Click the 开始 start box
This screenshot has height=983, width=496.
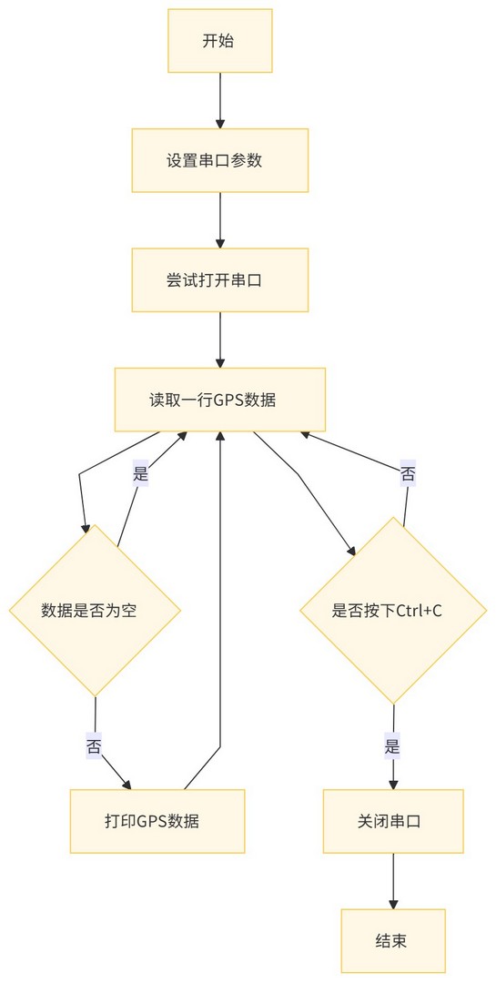click(x=220, y=41)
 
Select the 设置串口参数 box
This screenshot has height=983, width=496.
click(x=220, y=160)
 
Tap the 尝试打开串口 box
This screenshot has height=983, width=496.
click(x=220, y=280)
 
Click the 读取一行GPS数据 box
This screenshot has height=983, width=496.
click(x=220, y=400)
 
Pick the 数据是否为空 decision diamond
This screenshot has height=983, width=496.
click(x=95, y=611)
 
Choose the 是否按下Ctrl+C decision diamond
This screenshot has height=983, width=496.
click(x=393, y=611)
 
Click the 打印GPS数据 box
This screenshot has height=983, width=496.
click(x=157, y=821)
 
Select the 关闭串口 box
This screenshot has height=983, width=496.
click(x=393, y=821)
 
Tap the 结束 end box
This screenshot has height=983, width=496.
click(x=393, y=941)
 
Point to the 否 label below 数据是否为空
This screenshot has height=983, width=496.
click(x=94, y=746)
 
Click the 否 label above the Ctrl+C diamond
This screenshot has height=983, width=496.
click(x=408, y=474)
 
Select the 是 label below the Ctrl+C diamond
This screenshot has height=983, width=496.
click(x=392, y=747)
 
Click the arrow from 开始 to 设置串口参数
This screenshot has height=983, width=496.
click(x=220, y=100)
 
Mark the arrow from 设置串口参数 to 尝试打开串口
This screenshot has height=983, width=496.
click(x=220, y=220)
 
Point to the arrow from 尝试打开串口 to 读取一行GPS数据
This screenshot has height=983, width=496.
click(x=220, y=339)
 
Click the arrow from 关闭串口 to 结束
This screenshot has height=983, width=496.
click(x=393, y=881)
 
